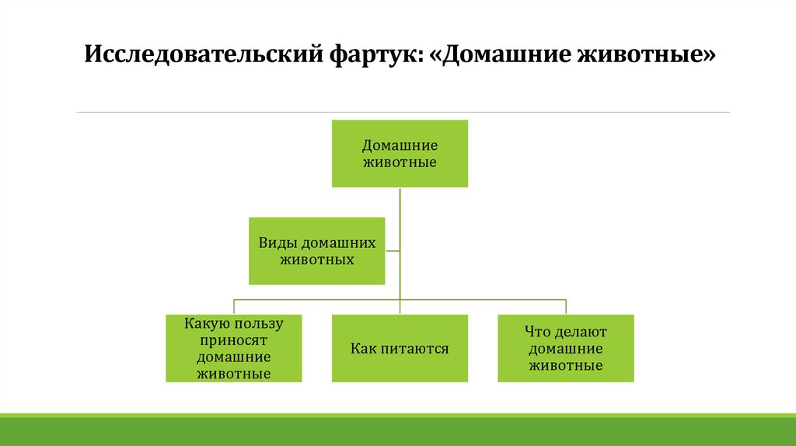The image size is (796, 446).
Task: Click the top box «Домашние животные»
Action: (400, 154)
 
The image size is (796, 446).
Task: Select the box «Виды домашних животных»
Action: (316, 251)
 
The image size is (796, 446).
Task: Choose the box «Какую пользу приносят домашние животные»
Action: (233, 348)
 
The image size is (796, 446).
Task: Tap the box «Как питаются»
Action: (400, 348)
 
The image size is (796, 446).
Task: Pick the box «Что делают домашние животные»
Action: (566, 348)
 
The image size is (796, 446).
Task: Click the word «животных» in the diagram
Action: (316, 260)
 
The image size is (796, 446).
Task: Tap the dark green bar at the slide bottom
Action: (398, 432)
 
